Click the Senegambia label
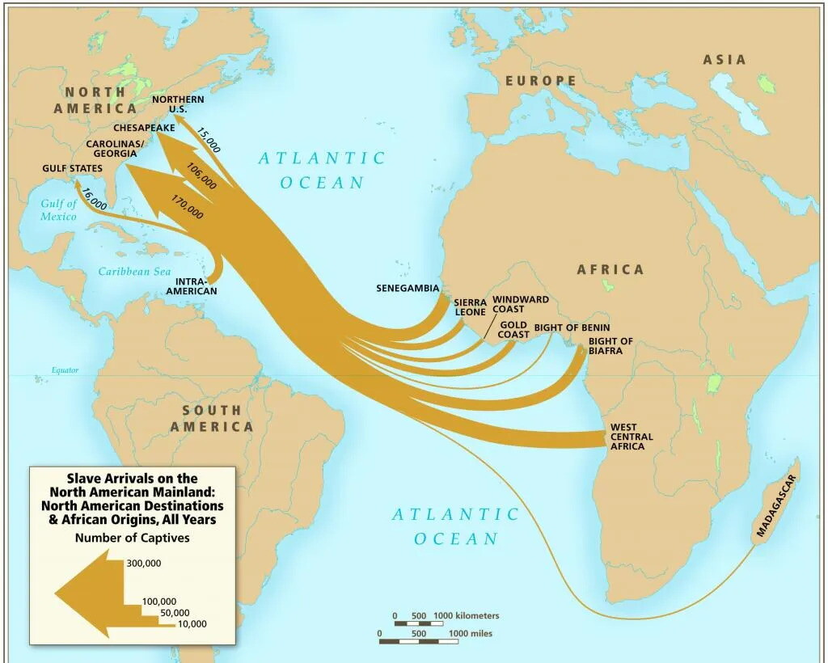click(x=408, y=289)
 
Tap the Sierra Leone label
click(x=470, y=307)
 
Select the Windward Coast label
click(x=520, y=304)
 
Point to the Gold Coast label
click(x=513, y=330)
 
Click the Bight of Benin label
click(x=572, y=327)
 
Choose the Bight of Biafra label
click(x=610, y=347)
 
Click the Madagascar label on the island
click(x=777, y=505)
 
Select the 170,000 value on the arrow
click(x=188, y=207)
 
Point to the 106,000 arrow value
click(x=201, y=175)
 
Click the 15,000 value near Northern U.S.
click(x=208, y=139)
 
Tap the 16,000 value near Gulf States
click(x=94, y=199)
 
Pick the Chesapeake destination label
click(x=144, y=128)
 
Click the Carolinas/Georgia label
click(x=115, y=148)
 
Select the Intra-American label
click(x=196, y=286)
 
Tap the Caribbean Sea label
click(x=135, y=272)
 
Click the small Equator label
click(x=65, y=370)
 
